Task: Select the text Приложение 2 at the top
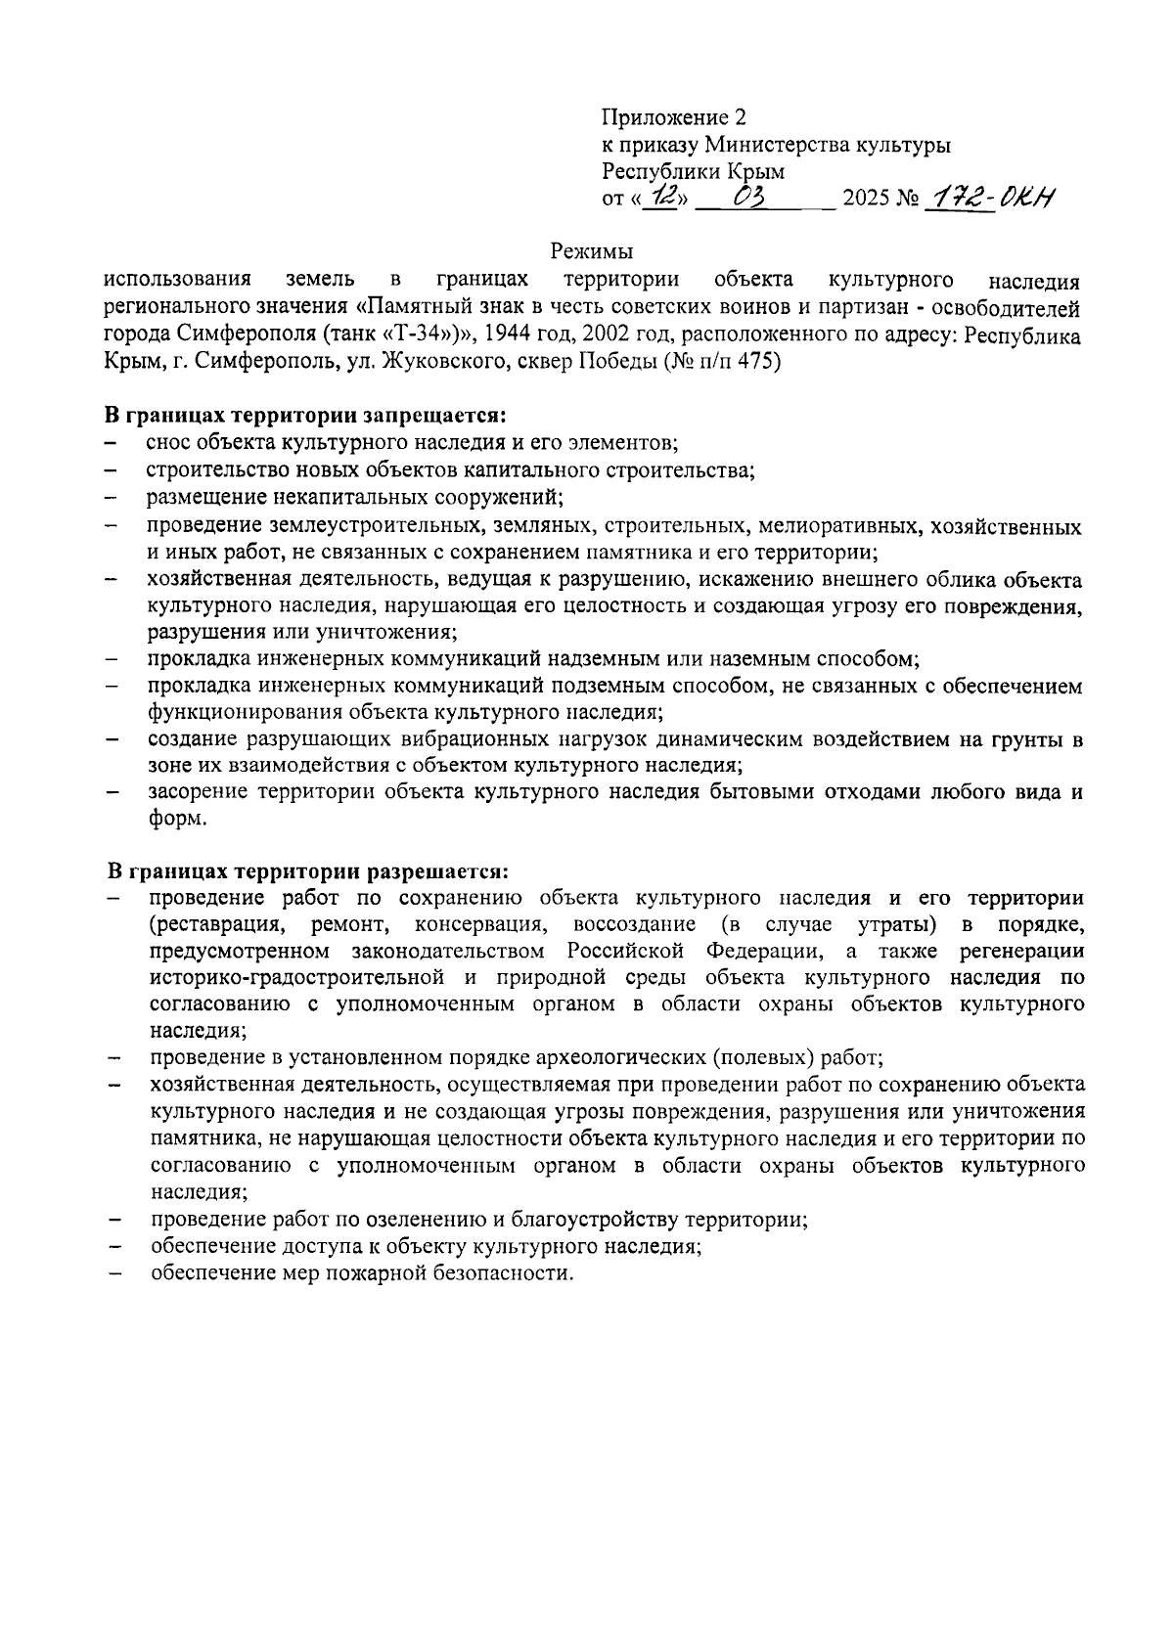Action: [x=673, y=118]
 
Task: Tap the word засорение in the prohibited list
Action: [x=196, y=792]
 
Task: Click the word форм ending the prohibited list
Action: [x=176, y=820]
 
